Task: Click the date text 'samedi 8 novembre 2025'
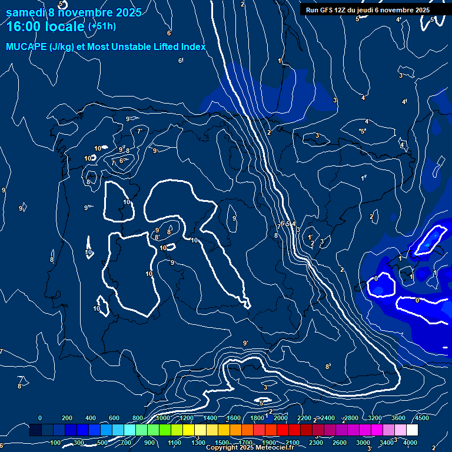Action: click(x=74, y=12)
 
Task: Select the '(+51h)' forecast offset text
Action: click(x=102, y=26)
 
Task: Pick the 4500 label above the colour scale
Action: click(x=421, y=418)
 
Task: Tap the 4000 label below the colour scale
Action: click(x=410, y=443)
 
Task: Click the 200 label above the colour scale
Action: click(x=67, y=418)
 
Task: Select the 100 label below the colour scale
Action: click(x=55, y=443)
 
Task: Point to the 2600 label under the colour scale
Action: click(x=339, y=443)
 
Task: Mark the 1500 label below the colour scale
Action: click(x=222, y=443)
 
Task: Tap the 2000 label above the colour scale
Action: click(x=280, y=418)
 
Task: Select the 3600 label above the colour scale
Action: click(x=398, y=418)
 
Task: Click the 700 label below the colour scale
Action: click(x=126, y=443)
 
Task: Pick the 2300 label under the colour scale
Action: click(x=315, y=443)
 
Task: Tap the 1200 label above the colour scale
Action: click(x=185, y=418)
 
